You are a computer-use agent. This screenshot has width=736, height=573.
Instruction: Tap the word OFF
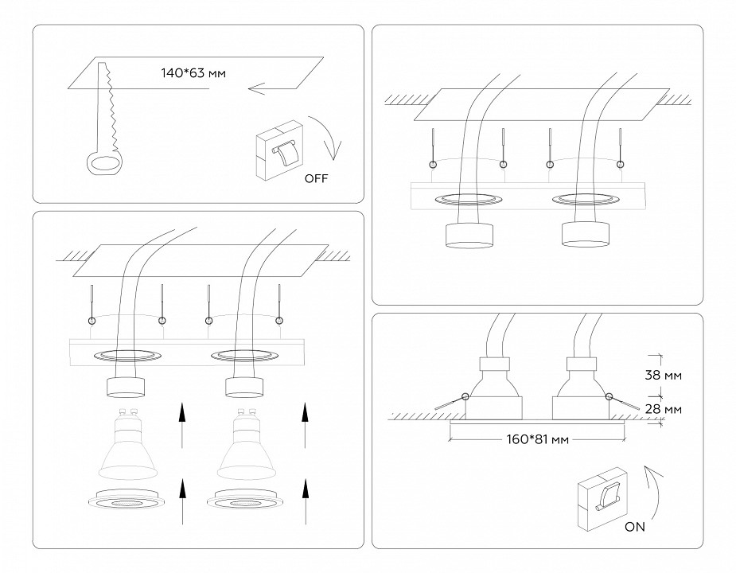tap(316, 177)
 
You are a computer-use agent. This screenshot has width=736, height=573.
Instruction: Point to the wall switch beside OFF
tap(278, 151)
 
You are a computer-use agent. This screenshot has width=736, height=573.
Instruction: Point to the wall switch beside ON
tap(602, 498)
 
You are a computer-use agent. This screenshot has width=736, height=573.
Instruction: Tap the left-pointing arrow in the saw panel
tap(267, 89)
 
